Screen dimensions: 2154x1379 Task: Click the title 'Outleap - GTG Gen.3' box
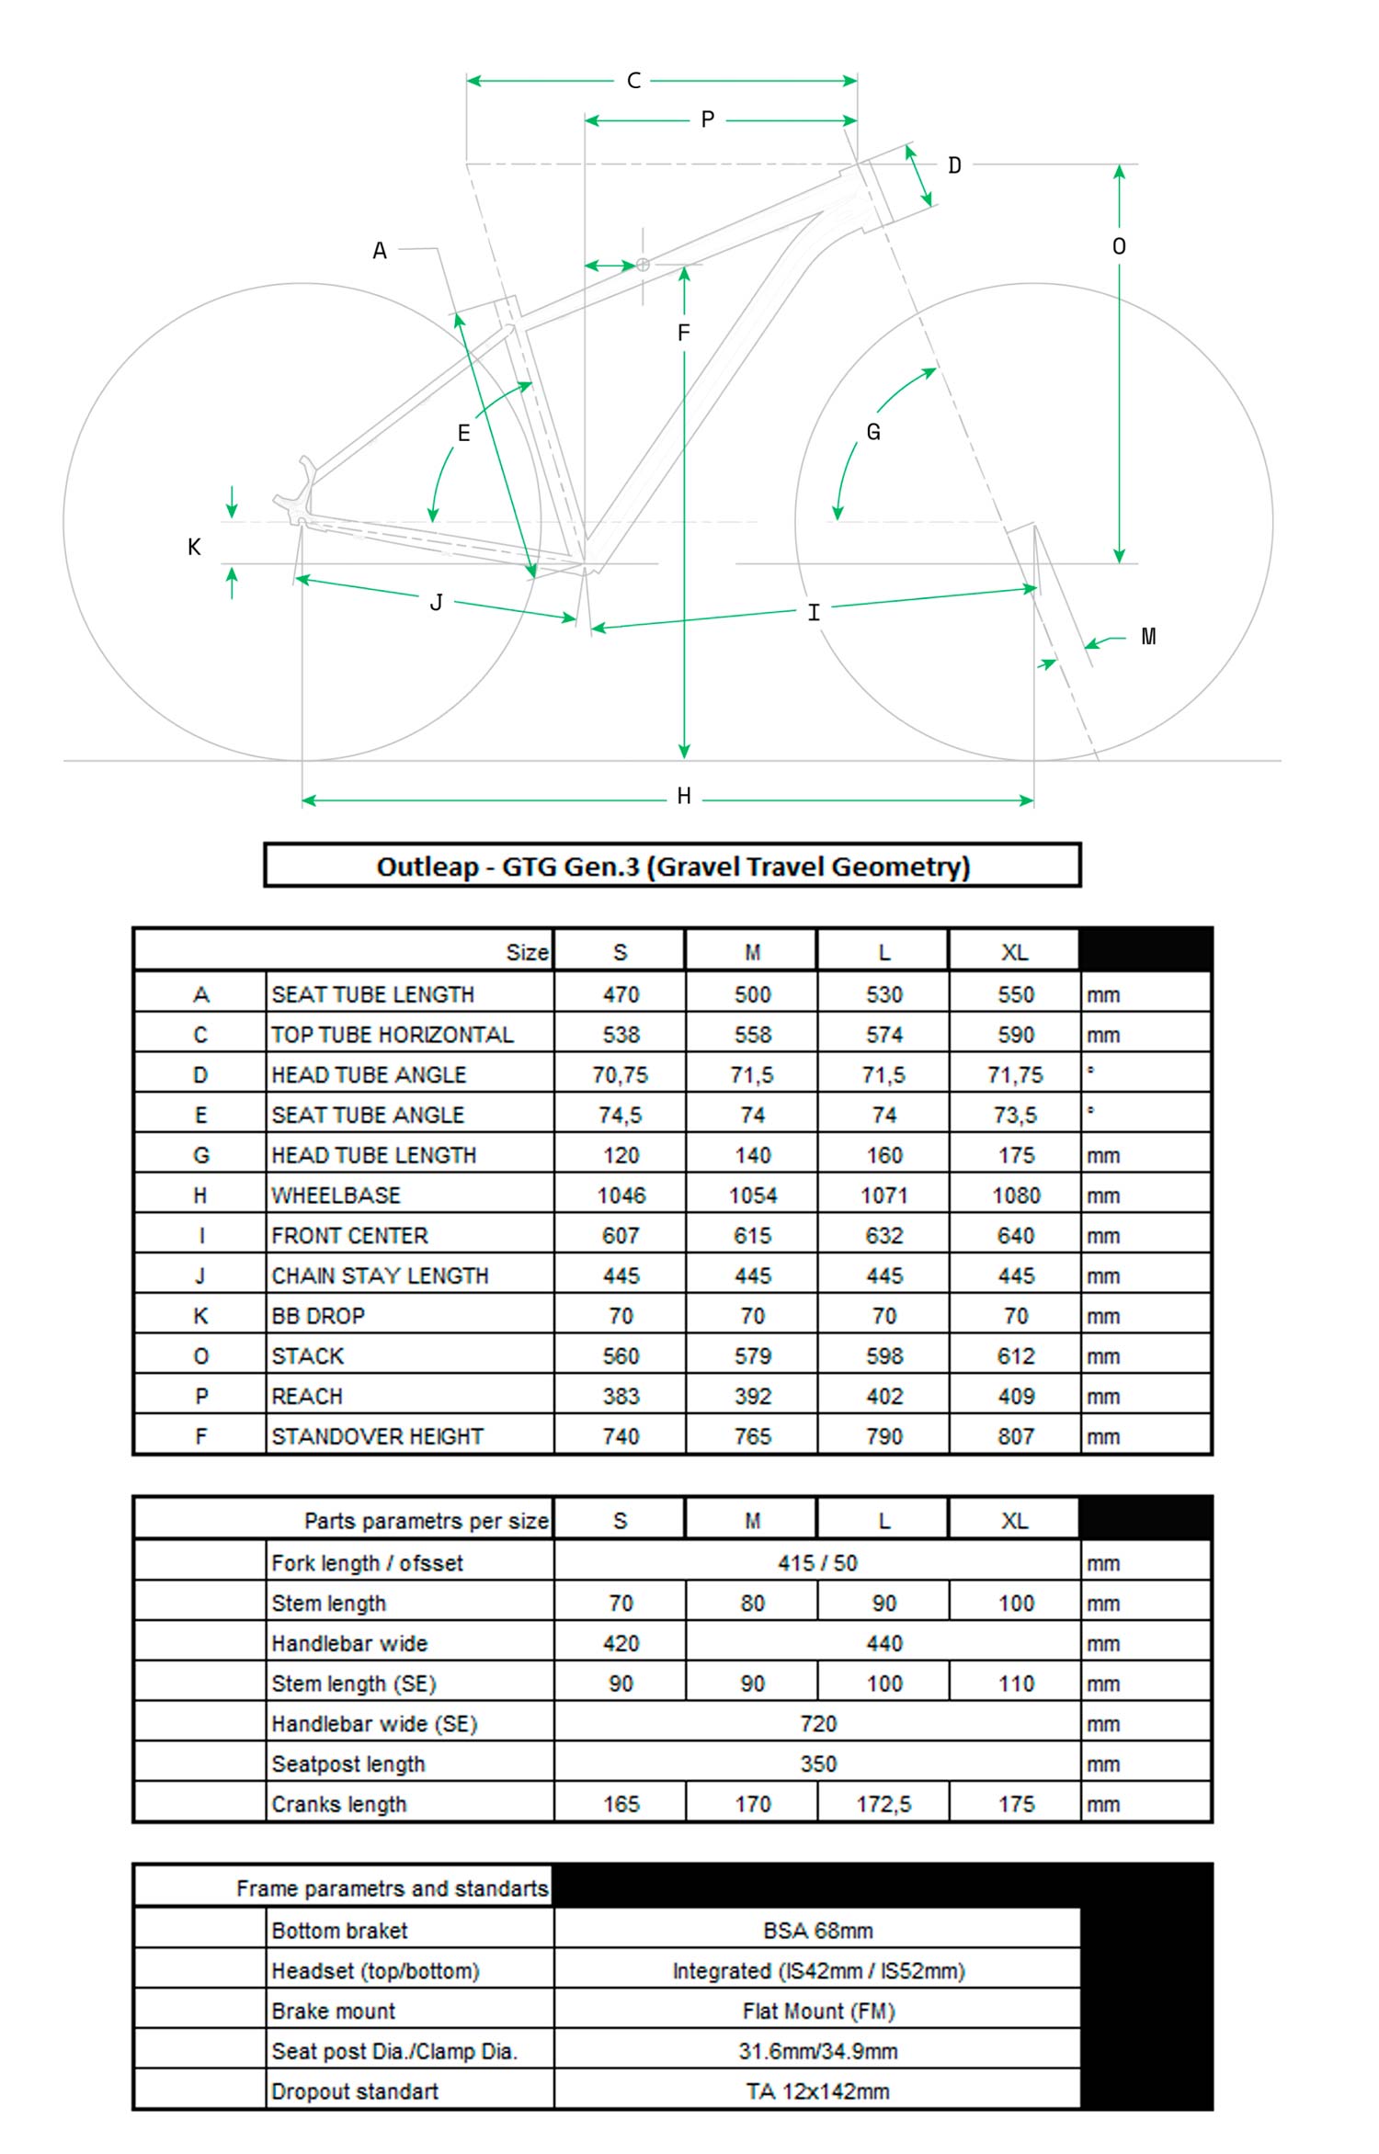[x=672, y=866]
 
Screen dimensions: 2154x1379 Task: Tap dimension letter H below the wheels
[x=683, y=796]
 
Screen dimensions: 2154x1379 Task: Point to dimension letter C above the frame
[x=633, y=81]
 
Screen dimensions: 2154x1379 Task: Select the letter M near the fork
[x=1148, y=636]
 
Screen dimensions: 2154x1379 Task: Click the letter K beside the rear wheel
[x=194, y=547]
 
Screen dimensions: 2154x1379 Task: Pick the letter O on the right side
[x=1119, y=246]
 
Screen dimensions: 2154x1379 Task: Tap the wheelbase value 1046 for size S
[x=621, y=1196]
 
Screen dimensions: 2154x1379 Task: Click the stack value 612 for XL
[x=1015, y=1356]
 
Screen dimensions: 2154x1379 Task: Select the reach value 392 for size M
[x=752, y=1397]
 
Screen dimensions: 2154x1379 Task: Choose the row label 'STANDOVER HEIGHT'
[x=377, y=1436]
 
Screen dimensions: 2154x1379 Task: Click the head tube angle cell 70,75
[x=621, y=1075]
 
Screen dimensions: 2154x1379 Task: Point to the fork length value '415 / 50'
[x=817, y=1563]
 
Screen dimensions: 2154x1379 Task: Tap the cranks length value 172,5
[x=883, y=1804]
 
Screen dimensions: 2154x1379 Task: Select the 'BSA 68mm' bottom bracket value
[x=817, y=1931]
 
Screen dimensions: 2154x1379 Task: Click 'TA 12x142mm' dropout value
[x=817, y=2092]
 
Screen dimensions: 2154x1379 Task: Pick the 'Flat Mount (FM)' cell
[x=817, y=2012]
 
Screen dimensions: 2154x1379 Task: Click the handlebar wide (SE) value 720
[x=817, y=1724]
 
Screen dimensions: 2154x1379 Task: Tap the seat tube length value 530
[x=883, y=994]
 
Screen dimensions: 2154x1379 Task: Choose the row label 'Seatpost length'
[x=348, y=1764]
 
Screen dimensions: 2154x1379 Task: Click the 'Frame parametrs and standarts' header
[x=392, y=1888]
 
